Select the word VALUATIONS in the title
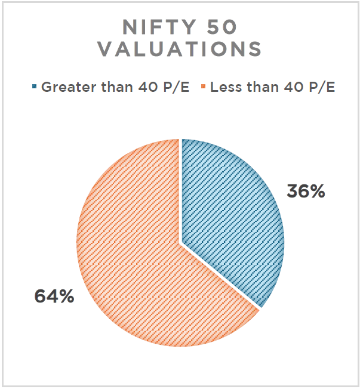coord(180,50)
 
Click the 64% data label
coord(54,297)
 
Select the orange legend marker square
coord(204,88)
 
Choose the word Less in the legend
coord(224,88)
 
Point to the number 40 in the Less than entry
coord(289,88)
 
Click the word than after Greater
coord(110,88)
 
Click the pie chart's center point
coord(180,243)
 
